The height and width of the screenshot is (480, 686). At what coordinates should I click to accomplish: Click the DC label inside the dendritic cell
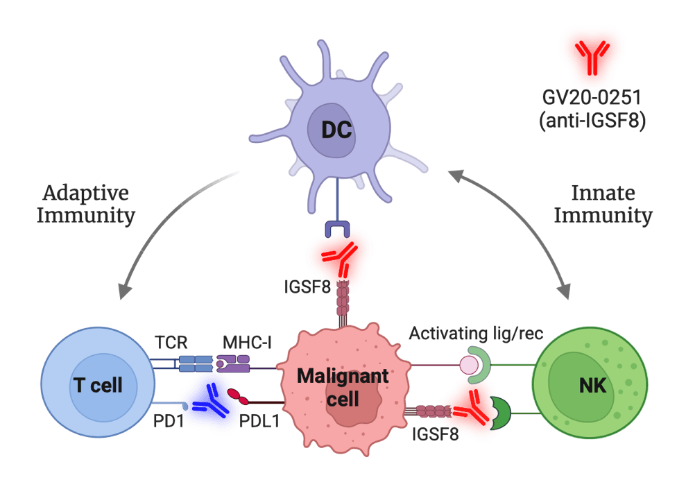[336, 130]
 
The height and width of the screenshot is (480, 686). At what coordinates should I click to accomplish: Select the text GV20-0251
[592, 97]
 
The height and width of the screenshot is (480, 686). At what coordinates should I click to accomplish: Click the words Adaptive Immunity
[86, 204]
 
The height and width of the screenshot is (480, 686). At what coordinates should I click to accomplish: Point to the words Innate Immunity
[603, 204]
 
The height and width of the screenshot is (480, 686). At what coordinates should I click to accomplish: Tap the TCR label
[171, 342]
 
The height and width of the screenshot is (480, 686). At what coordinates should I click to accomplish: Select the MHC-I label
[247, 342]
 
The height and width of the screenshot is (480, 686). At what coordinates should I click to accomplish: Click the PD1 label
[169, 421]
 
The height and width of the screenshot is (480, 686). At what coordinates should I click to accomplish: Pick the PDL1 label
[259, 421]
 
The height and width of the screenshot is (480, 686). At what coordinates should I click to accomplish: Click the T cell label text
[98, 385]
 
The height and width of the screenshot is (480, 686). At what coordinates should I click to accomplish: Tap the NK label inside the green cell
[592, 386]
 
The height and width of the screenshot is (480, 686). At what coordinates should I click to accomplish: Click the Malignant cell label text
[343, 387]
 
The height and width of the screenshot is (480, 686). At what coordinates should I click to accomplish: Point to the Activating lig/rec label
[476, 334]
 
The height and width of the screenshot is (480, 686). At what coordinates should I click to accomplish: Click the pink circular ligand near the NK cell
[469, 364]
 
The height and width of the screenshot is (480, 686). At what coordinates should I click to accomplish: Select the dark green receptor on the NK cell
[501, 413]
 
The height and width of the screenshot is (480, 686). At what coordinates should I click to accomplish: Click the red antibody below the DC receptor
[340, 259]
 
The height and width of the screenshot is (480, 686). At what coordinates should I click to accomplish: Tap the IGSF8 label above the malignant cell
[307, 287]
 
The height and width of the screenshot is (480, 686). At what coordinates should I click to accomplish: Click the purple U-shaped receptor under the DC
[337, 229]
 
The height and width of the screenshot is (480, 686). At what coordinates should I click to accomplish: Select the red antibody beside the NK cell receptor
[472, 408]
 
